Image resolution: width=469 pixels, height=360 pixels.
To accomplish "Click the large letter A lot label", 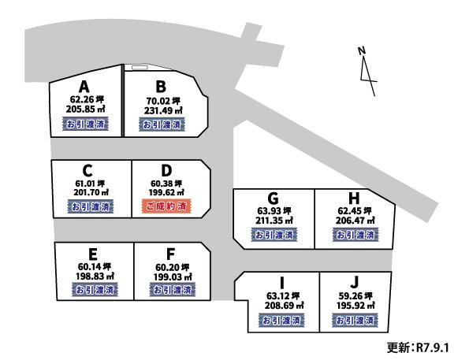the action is click(84, 87).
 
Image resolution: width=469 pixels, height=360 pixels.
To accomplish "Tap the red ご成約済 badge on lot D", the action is click(166, 206).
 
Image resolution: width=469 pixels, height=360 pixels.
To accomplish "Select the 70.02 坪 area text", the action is click(163, 101).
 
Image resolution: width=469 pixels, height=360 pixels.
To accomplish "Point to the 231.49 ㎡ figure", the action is click(163, 110).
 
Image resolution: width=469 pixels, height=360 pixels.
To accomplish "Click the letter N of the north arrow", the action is click(362, 51).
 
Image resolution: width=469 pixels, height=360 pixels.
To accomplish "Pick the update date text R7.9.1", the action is click(433, 347).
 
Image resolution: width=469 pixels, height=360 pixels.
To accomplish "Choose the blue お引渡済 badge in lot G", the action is click(274, 235).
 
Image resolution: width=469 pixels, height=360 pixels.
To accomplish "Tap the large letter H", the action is click(354, 198).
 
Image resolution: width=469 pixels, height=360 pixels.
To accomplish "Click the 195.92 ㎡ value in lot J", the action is click(355, 306).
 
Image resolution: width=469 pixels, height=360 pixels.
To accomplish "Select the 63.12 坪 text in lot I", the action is click(283, 296).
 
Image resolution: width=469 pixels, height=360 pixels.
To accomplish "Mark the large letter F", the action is click(170, 254).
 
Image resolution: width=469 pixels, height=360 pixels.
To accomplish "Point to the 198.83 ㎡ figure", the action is click(95, 276).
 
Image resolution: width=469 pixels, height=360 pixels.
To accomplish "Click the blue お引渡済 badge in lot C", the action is click(91, 206).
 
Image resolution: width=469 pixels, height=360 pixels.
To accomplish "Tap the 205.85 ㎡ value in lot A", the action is click(85, 109).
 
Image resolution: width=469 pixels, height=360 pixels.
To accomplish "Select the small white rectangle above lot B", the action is click(140, 67).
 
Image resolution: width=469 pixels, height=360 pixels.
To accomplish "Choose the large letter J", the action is click(354, 282).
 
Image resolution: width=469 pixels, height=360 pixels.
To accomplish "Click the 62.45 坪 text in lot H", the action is click(355, 211).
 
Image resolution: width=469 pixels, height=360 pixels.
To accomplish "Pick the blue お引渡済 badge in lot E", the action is click(95, 289).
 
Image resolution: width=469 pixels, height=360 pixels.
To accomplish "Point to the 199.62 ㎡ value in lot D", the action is click(166, 192).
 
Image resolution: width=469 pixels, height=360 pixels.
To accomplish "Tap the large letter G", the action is click(273, 198).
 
